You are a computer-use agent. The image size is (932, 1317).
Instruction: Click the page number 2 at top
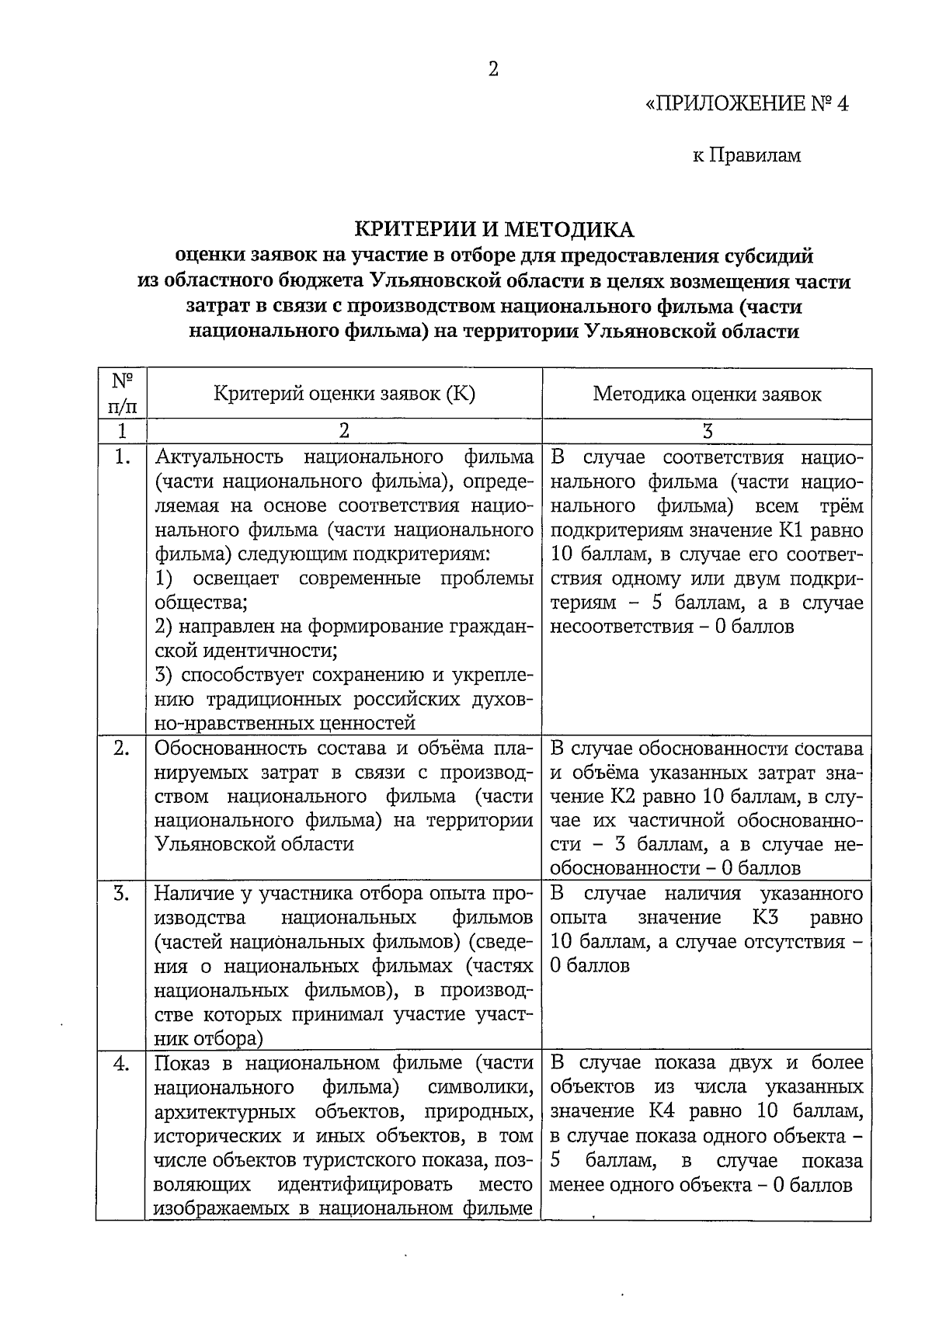(492, 70)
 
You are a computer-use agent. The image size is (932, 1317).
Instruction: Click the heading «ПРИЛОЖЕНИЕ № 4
(746, 104)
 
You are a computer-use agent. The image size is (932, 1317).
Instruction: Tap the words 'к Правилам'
(746, 156)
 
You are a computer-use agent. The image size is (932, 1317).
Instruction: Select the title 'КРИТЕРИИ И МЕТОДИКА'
(495, 230)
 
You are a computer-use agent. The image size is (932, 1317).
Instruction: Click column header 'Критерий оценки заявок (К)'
(344, 394)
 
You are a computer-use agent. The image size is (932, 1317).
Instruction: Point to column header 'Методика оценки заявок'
(707, 394)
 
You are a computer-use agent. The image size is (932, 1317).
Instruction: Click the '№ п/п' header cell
(121, 394)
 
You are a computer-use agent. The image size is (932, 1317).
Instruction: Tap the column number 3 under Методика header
(707, 431)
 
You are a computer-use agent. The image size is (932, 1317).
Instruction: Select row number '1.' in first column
(121, 457)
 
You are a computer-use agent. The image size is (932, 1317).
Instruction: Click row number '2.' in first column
(121, 749)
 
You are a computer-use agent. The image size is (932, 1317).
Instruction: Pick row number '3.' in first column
(121, 894)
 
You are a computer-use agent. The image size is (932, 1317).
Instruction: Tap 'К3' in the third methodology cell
(765, 918)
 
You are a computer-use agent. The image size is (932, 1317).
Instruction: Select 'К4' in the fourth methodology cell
(663, 1111)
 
